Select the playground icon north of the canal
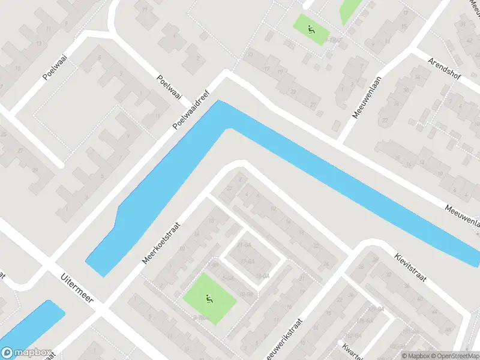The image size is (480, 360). [x=311, y=29]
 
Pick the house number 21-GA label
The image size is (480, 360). [x=245, y=245]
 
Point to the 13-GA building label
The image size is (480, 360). [x=262, y=275]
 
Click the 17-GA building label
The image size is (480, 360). [x=247, y=262]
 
